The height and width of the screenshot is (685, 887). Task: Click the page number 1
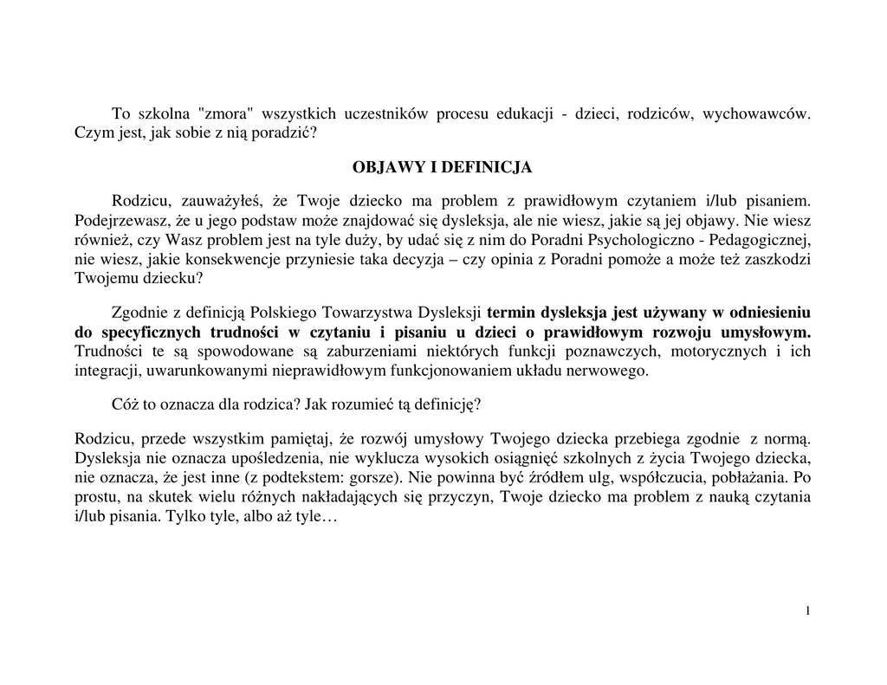[x=807, y=611]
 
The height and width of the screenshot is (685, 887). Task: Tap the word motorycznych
[x=726, y=352]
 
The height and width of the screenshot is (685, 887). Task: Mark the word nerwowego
[x=611, y=372]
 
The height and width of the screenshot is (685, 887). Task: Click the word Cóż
[x=126, y=404]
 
